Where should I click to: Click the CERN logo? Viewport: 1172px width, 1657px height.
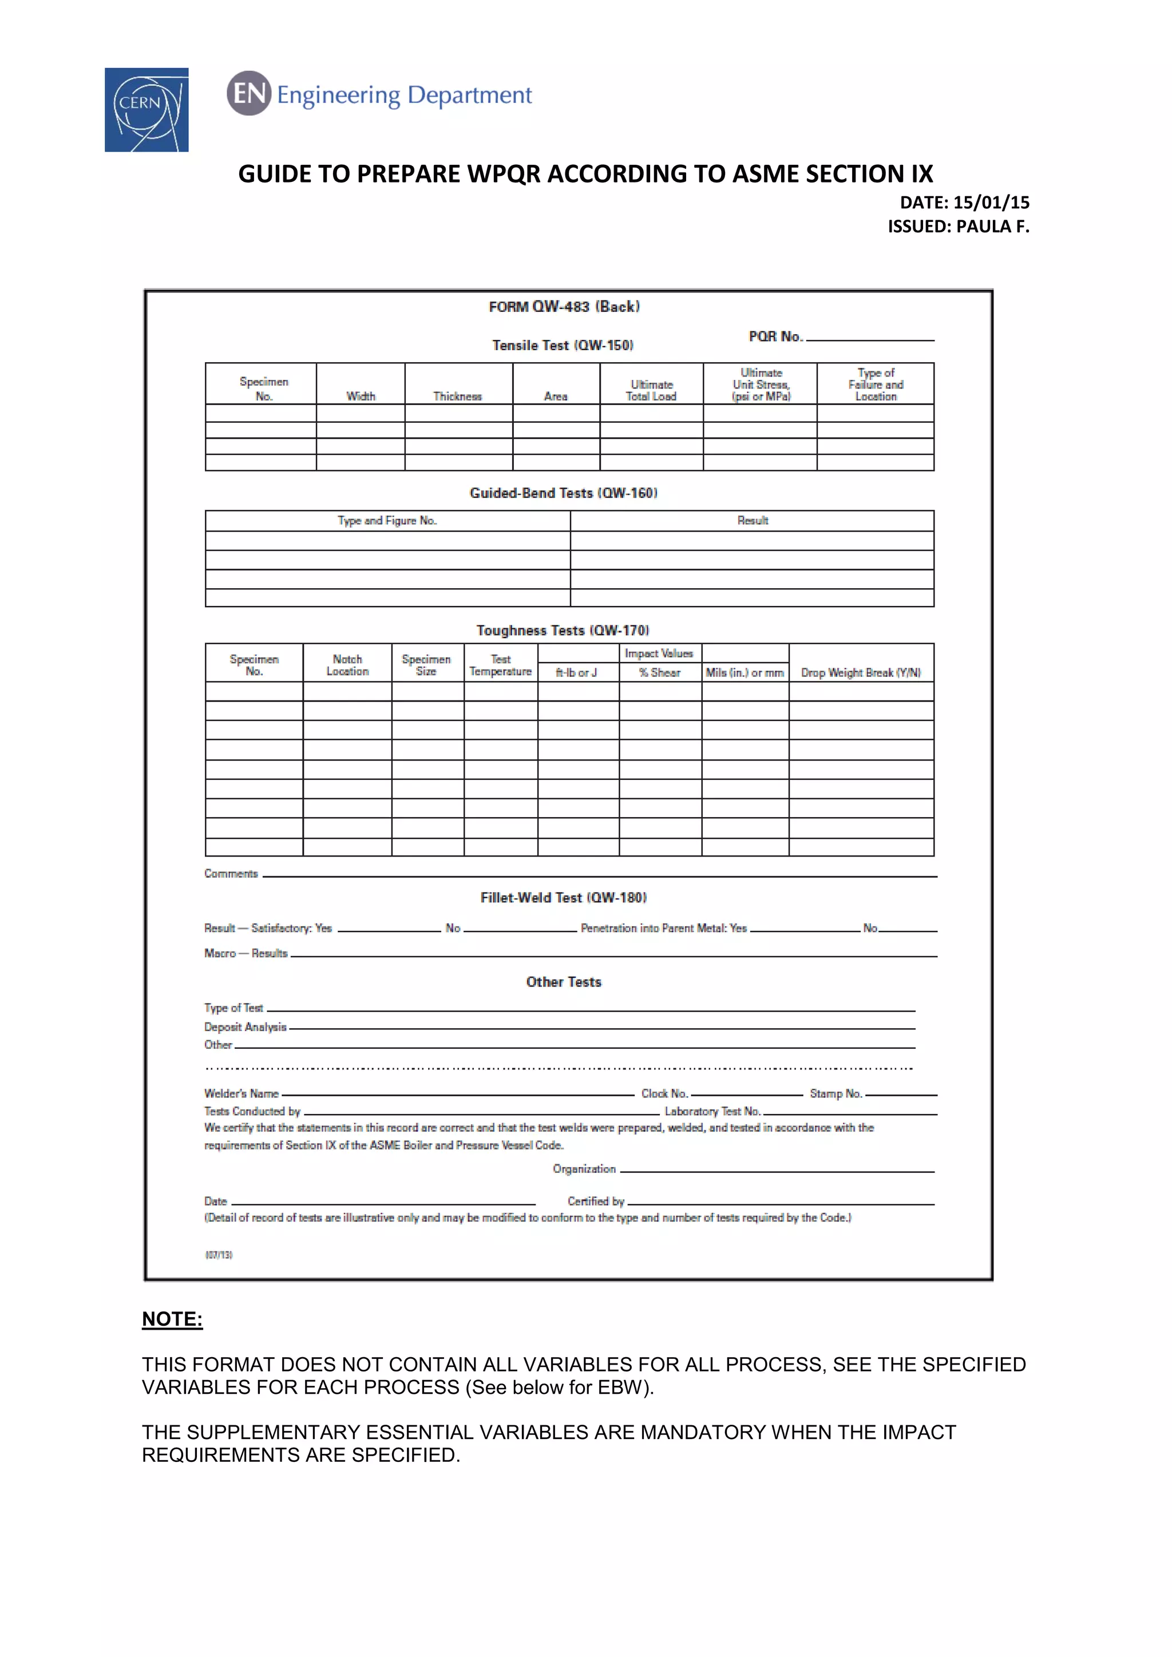coord(146,110)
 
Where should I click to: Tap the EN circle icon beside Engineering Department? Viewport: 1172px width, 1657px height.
coord(249,94)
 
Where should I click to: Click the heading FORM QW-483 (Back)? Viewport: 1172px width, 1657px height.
coord(564,307)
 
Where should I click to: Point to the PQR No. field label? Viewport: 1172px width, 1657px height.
coord(775,336)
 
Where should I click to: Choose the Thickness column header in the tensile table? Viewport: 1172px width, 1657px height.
coord(458,396)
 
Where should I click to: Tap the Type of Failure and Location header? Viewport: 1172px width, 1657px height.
coord(876,384)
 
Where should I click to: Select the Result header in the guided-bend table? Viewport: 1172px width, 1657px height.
coord(752,520)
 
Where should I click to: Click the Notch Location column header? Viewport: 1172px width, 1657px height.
coord(347,665)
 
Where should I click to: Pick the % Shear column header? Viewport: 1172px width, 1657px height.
coord(660,673)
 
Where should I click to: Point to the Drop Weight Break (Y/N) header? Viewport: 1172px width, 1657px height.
coord(860,673)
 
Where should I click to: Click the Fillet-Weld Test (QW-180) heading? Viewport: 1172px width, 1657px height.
coord(564,898)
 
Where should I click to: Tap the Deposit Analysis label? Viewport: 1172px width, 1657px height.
coord(246,1027)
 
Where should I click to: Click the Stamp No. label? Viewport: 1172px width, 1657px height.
coord(836,1093)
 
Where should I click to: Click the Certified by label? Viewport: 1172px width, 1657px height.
coord(595,1201)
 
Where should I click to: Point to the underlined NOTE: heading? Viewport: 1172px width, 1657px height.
coord(172,1319)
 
